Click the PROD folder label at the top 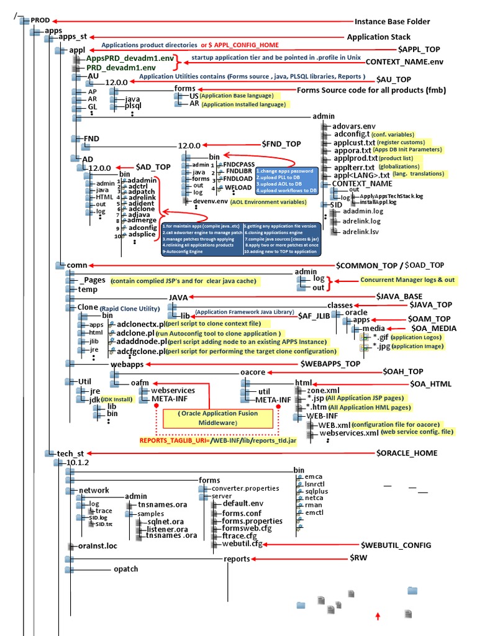pos(40,20)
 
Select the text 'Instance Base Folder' pos(392,21)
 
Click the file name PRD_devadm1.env pos(121,66)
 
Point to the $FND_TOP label pos(281,144)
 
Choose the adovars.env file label pos(354,125)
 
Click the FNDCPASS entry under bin pos(238,164)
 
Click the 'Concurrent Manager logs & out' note pos(407,280)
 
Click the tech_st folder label pos(70,453)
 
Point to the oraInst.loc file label pos(93,546)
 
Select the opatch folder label pos(125,569)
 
